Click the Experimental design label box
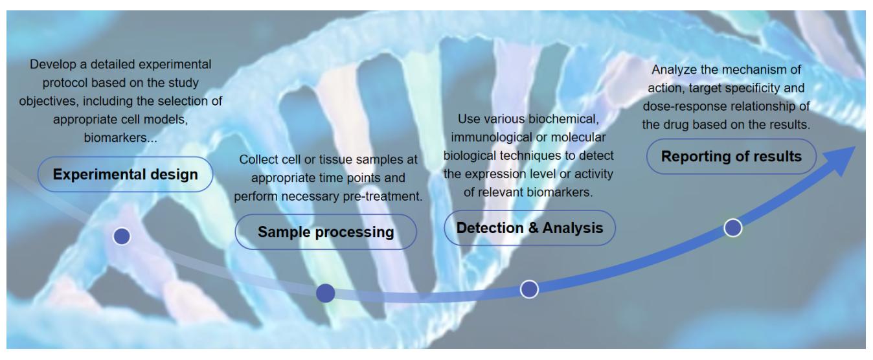tap(125, 174)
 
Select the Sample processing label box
tap(326, 232)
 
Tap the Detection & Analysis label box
tap(530, 228)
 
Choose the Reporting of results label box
tap(731, 157)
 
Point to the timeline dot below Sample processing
tap(325, 293)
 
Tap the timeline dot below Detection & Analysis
tap(529, 289)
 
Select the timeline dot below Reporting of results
tap(732, 228)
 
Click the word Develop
tap(48, 64)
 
